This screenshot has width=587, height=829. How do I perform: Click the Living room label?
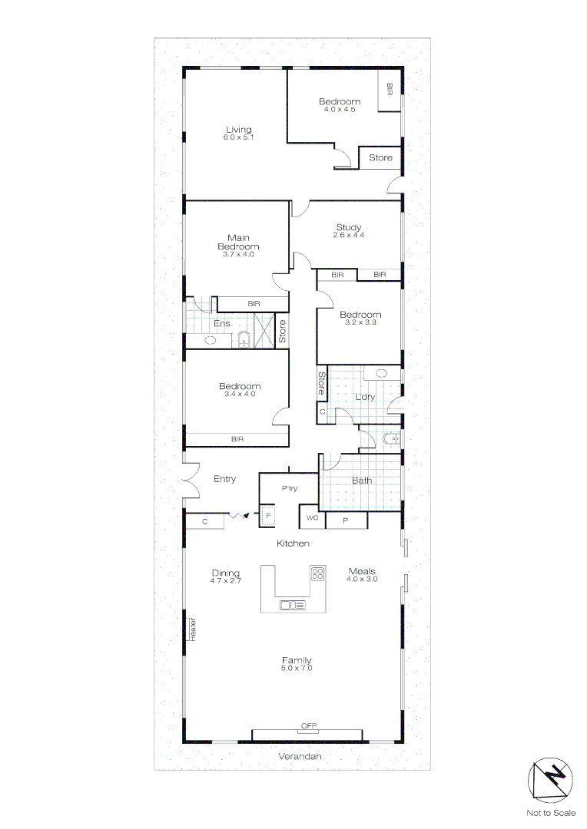tap(238, 130)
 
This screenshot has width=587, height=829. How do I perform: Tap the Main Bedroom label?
tap(238, 242)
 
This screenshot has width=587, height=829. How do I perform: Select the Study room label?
tap(349, 227)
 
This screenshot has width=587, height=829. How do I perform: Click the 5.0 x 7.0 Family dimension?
tap(296, 669)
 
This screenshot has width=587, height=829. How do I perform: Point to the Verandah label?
tap(300, 756)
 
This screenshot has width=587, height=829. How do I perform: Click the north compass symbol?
tap(551, 781)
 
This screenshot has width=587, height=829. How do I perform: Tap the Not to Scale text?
tap(551, 813)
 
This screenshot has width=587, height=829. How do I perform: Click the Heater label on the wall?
tap(194, 629)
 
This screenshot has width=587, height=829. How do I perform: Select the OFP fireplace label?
tap(309, 725)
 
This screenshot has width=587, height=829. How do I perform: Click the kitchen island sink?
tap(291, 605)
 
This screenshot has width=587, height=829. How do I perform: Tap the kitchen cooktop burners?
tap(317, 573)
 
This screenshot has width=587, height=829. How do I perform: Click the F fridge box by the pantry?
tap(268, 516)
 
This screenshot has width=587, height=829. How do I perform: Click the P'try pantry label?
tap(289, 488)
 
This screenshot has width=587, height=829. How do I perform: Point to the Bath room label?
tap(362, 481)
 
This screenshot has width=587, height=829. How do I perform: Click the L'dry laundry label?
tap(364, 397)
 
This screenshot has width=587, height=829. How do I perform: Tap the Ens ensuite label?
tap(222, 324)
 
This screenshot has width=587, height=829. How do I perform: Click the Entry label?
tap(224, 479)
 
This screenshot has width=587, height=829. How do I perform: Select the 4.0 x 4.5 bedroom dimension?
tap(339, 109)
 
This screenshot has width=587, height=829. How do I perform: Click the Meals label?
tap(362, 571)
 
